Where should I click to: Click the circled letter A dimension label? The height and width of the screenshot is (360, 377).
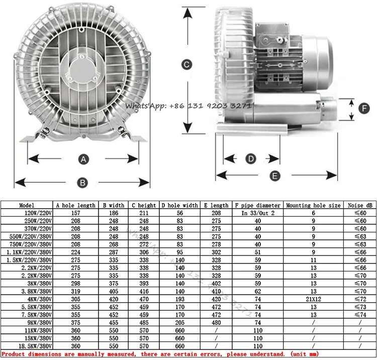tap(83, 159)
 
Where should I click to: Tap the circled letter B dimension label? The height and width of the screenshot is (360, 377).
tap(82, 183)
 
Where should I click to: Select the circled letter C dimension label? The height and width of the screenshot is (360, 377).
tap(187, 64)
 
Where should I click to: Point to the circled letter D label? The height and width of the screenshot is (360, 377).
tap(251, 159)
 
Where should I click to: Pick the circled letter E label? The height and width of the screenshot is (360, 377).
tap(275, 176)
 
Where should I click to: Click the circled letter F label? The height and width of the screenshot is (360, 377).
tap(364, 108)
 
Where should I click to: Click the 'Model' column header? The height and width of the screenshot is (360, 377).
tap(27, 205)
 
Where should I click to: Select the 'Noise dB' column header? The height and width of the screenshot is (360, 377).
tap(360, 205)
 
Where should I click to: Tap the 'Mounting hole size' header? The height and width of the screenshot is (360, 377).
tap(313, 205)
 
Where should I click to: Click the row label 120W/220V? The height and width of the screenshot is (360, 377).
tap(38, 213)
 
